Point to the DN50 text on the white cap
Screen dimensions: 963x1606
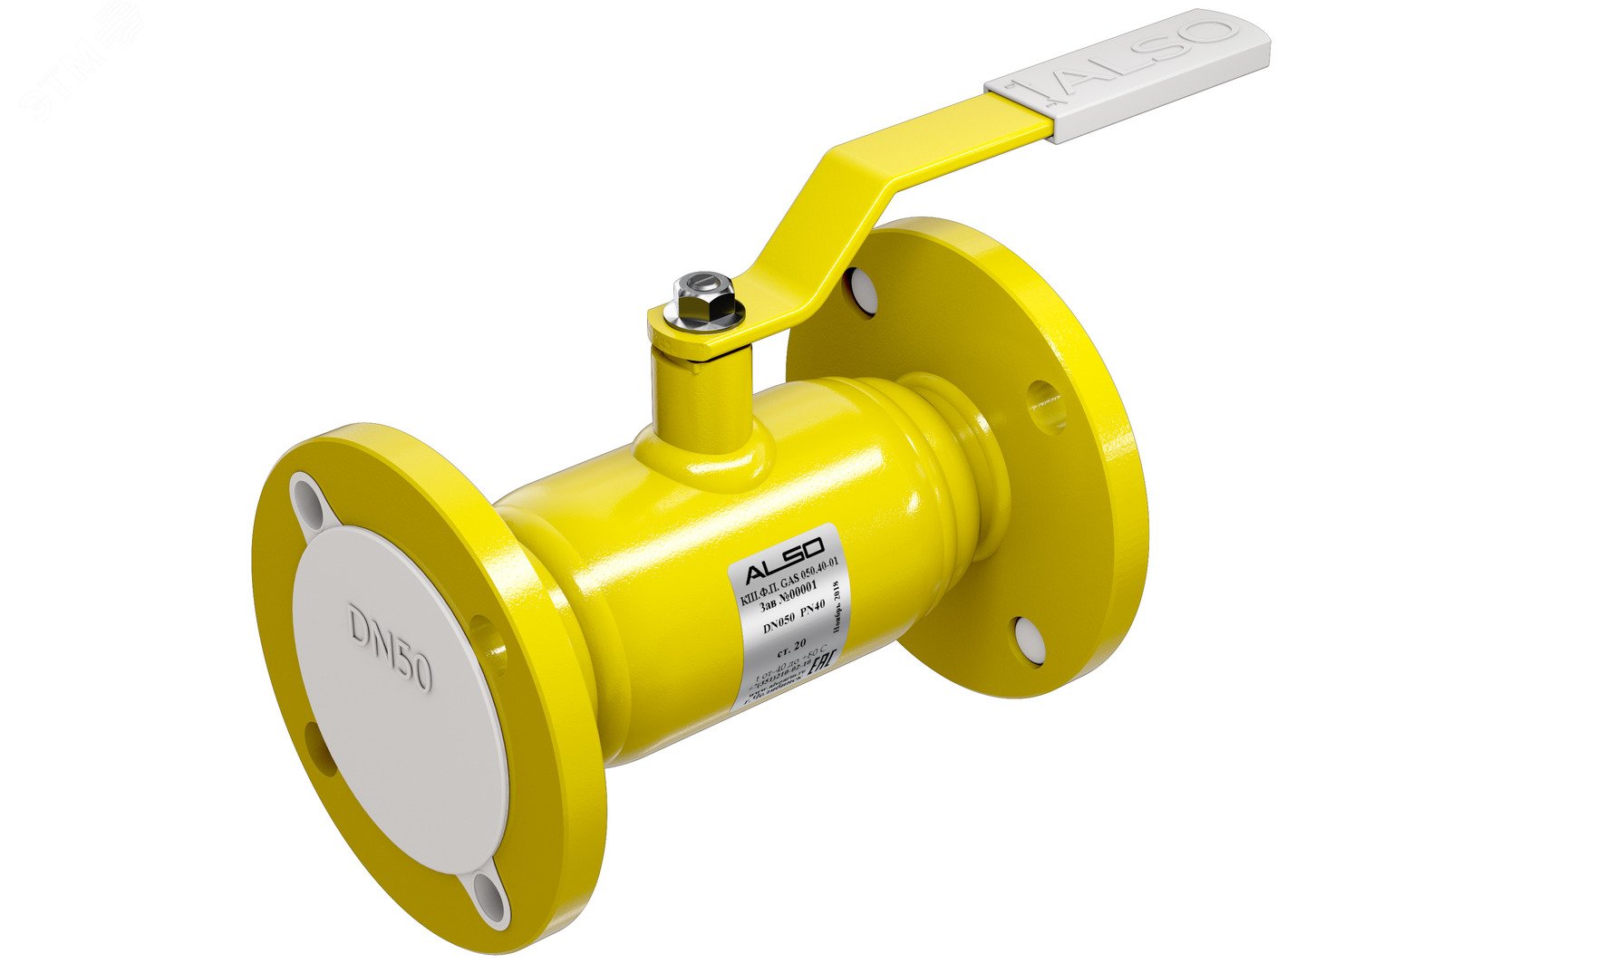(391, 647)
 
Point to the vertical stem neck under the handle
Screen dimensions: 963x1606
(703, 399)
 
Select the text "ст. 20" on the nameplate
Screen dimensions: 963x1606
(792, 645)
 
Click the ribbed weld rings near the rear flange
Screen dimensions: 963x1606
(943, 426)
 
